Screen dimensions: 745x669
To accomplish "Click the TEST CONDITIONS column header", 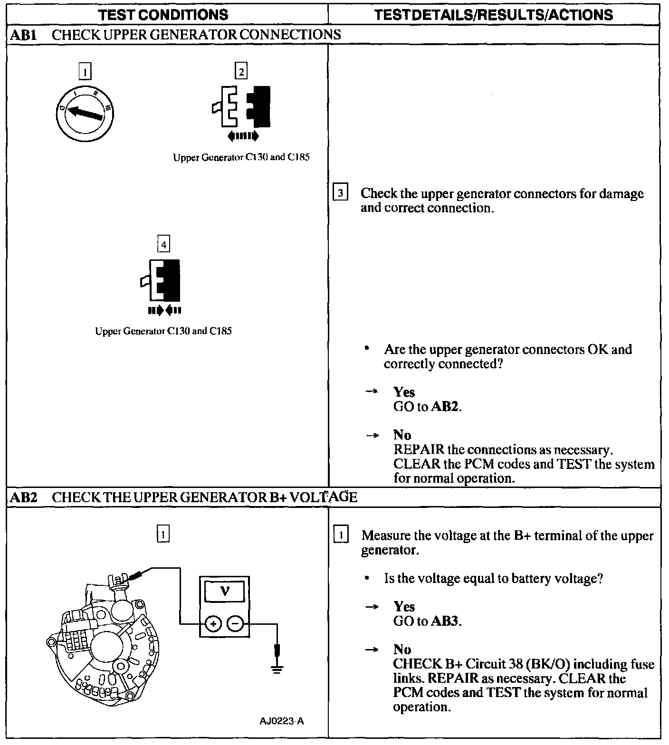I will click(x=163, y=15).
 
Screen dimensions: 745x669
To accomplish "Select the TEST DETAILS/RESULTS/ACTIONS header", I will click(x=493, y=15).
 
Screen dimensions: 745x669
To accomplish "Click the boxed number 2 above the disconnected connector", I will click(x=241, y=72).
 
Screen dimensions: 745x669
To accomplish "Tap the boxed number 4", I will click(x=163, y=245).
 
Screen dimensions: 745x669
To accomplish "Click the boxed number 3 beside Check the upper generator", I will click(x=340, y=193).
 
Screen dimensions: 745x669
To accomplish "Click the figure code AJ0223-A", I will click(x=282, y=721).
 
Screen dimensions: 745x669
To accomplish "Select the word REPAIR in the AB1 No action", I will click(x=419, y=449).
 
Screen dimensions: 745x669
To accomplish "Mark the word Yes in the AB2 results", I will click(x=404, y=607).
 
